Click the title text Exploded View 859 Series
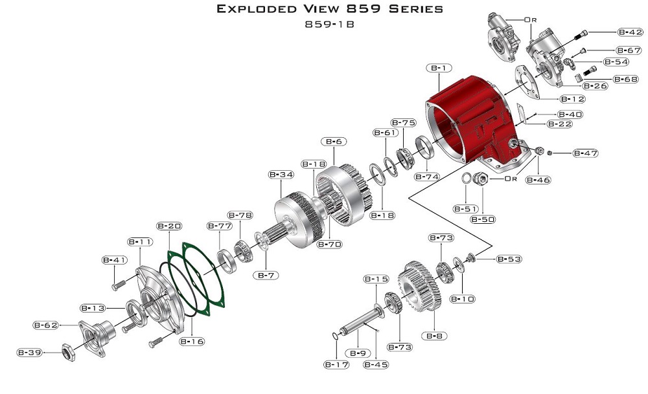click(x=330, y=9)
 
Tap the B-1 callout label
click(x=439, y=68)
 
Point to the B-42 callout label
click(x=629, y=32)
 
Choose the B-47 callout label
click(x=584, y=153)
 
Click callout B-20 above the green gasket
click(x=169, y=226)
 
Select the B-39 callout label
click(x=29, y=352)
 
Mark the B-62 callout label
click(x=46, y=325)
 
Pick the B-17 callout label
click(x=337, y=365)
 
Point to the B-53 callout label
click(x=509, y=259)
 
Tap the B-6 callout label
click(x=334, y=141)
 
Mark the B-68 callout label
click(x=627, y=79)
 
